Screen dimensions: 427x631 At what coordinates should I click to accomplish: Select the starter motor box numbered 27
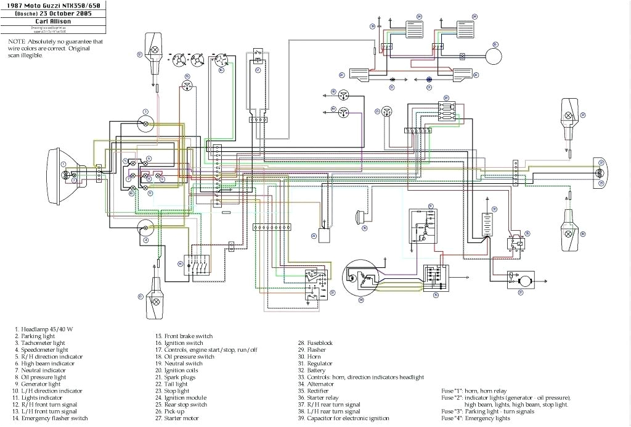tap(520, 280)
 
